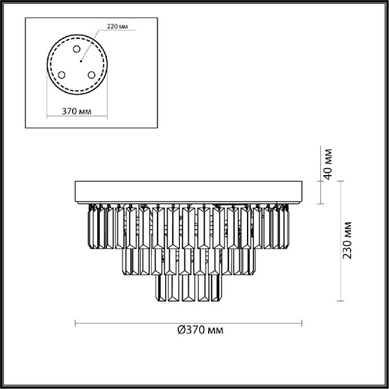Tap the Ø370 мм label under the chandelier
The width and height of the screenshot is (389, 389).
point(200,330)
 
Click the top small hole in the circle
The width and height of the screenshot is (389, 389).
point(77,49)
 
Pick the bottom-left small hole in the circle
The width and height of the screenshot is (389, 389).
point(62,75)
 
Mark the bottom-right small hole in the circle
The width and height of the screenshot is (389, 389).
point(93,75)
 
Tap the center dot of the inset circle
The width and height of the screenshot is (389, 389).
point(78,62)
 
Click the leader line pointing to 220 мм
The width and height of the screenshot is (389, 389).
point(91,43)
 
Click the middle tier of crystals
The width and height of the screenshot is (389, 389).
point(189,259)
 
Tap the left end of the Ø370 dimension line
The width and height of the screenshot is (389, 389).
point(77,322)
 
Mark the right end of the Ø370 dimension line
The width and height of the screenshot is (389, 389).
point(301,322)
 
